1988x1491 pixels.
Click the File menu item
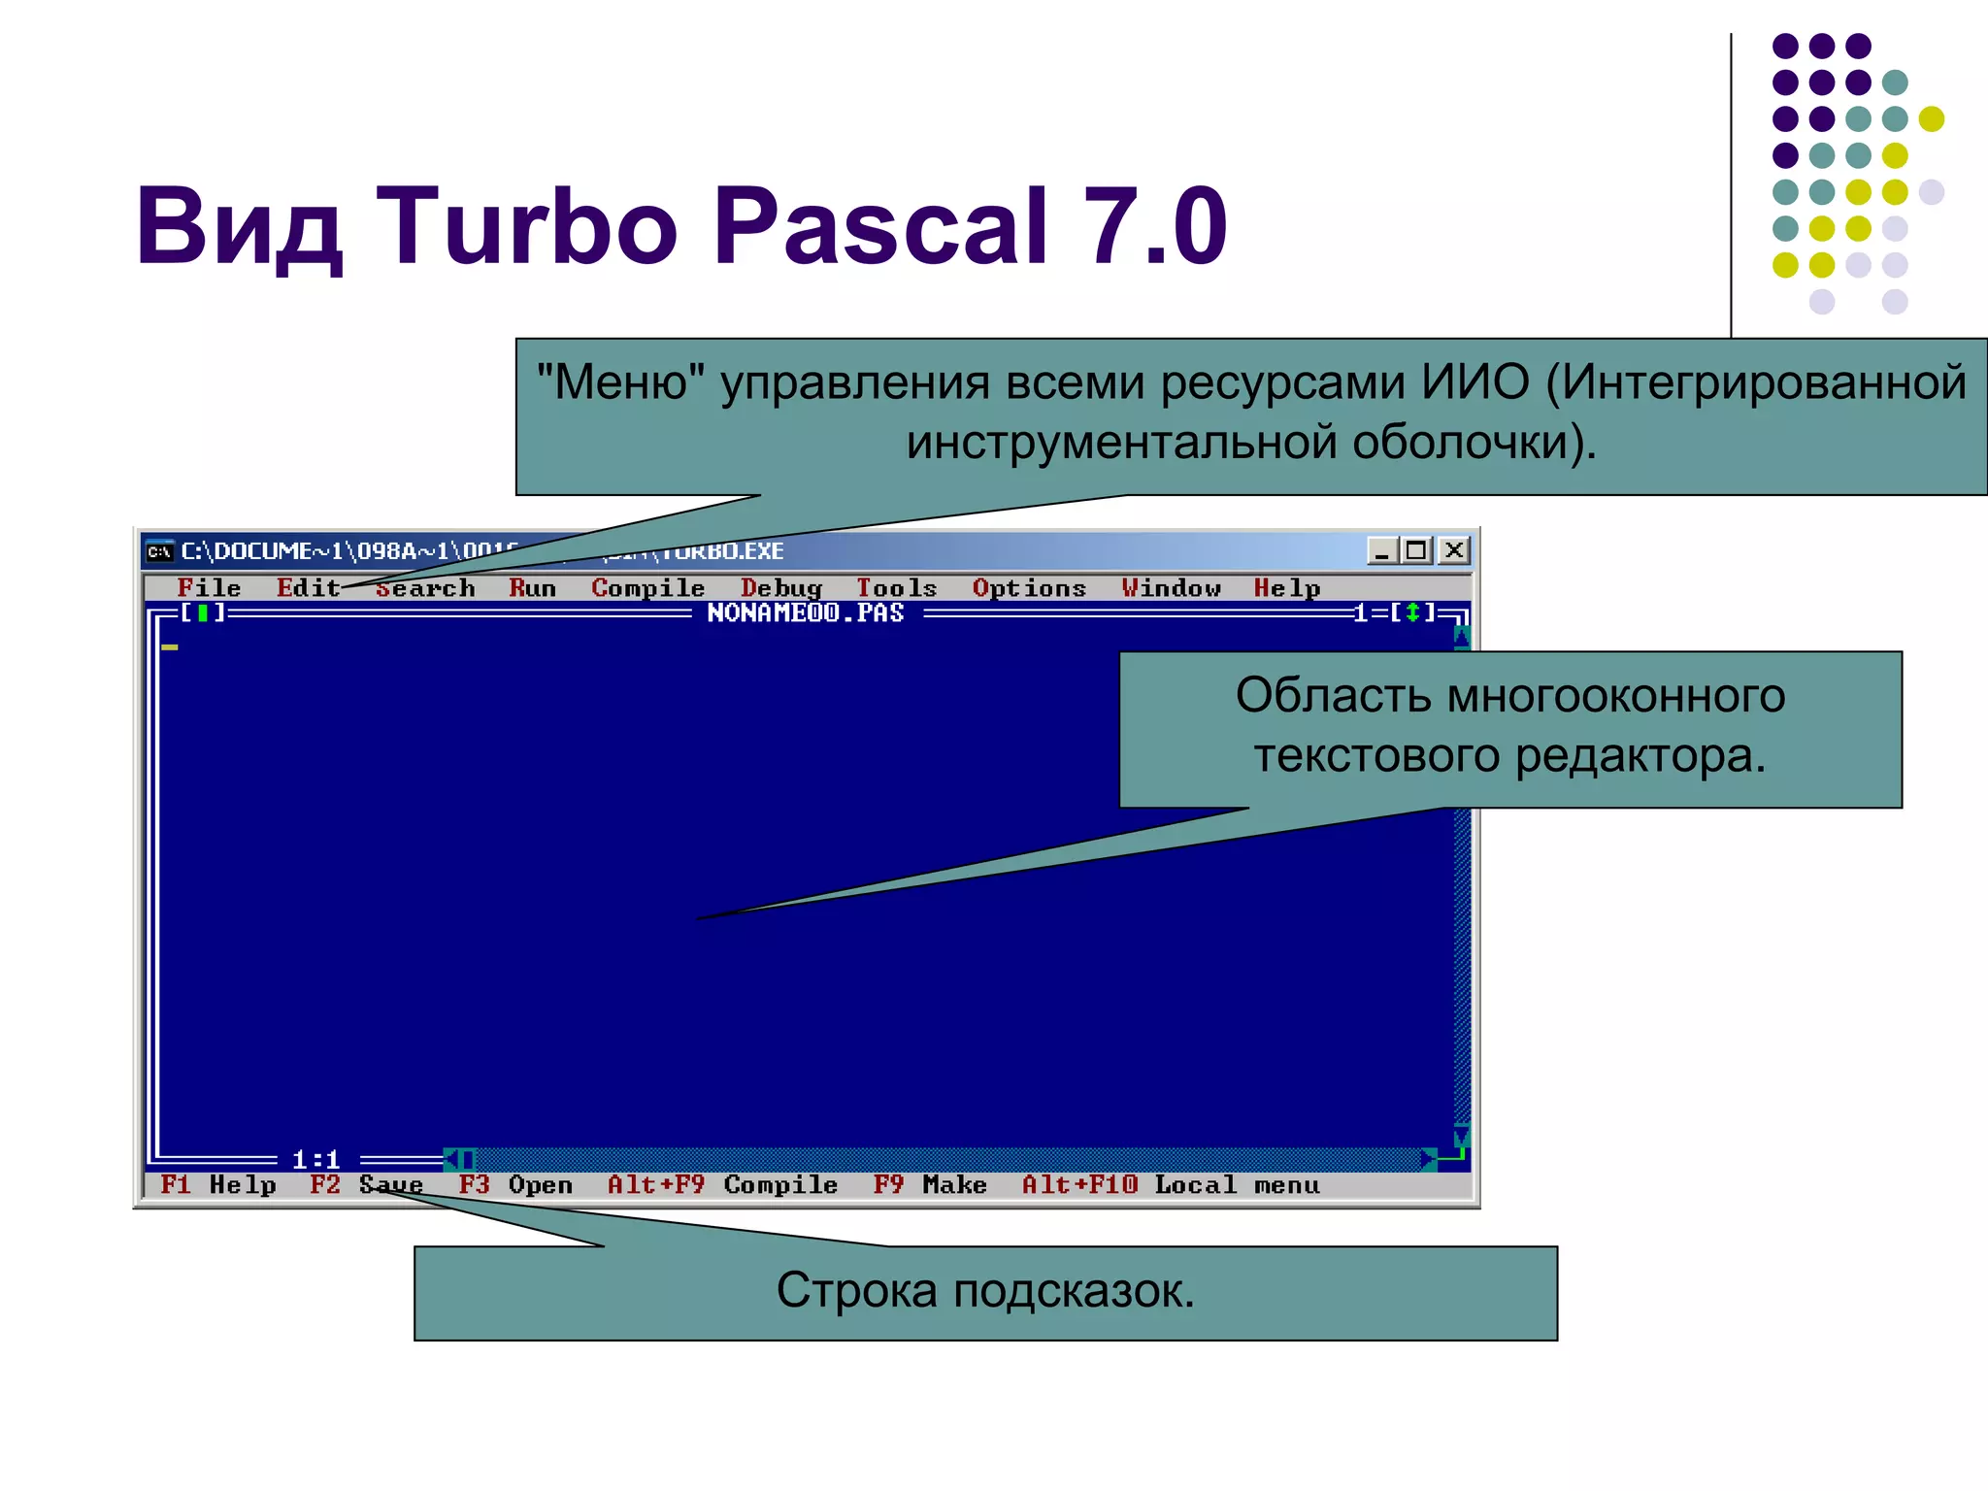(x=209, y=588)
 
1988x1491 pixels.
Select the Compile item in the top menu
(x=647, y=588)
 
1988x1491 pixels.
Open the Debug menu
(x=781, y=588)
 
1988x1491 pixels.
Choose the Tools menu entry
(x=896, y=588)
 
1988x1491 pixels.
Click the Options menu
(x=1029, y=588)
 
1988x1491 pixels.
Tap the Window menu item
(x=1171, y=588)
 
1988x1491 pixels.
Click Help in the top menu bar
(x=1286, y=588)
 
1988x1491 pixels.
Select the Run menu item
(x=532, y=588)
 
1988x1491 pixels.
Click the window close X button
(x=1453, y=550)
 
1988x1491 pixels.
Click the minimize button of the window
(x=1381, y=550)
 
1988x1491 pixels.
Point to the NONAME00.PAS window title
(x=805, y=613)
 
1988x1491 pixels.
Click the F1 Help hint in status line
(x=218, y=1185)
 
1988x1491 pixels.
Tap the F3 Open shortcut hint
(x=515, y=1185)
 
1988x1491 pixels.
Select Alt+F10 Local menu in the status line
(x=1171, y=1185)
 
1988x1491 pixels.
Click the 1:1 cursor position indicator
(x=315, y=1159)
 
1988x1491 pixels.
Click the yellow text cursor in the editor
(x=170, y=646)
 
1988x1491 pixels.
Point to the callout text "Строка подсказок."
(x=985, y=1291)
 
